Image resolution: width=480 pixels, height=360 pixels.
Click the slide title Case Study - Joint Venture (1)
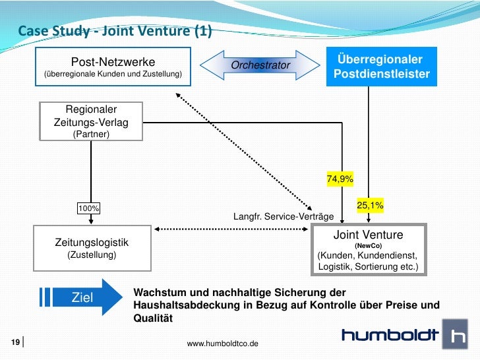pos(110,31)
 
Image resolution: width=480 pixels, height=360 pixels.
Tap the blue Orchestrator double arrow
pos(260,65)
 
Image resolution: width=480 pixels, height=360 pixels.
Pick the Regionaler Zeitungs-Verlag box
pos(91,121)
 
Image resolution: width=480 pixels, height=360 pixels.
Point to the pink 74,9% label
pos(340,179)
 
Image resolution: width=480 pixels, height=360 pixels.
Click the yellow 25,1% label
pos(370,206)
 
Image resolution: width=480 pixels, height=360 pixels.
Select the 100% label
pos(89,209)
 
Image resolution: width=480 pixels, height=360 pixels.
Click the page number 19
pos(14,342)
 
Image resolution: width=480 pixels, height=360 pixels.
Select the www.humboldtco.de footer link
pos(223,344)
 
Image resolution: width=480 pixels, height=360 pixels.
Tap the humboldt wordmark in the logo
pos(390,336)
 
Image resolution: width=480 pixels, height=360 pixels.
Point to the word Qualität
pos(152,318)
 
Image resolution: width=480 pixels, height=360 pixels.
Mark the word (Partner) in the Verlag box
pos(91,134)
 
